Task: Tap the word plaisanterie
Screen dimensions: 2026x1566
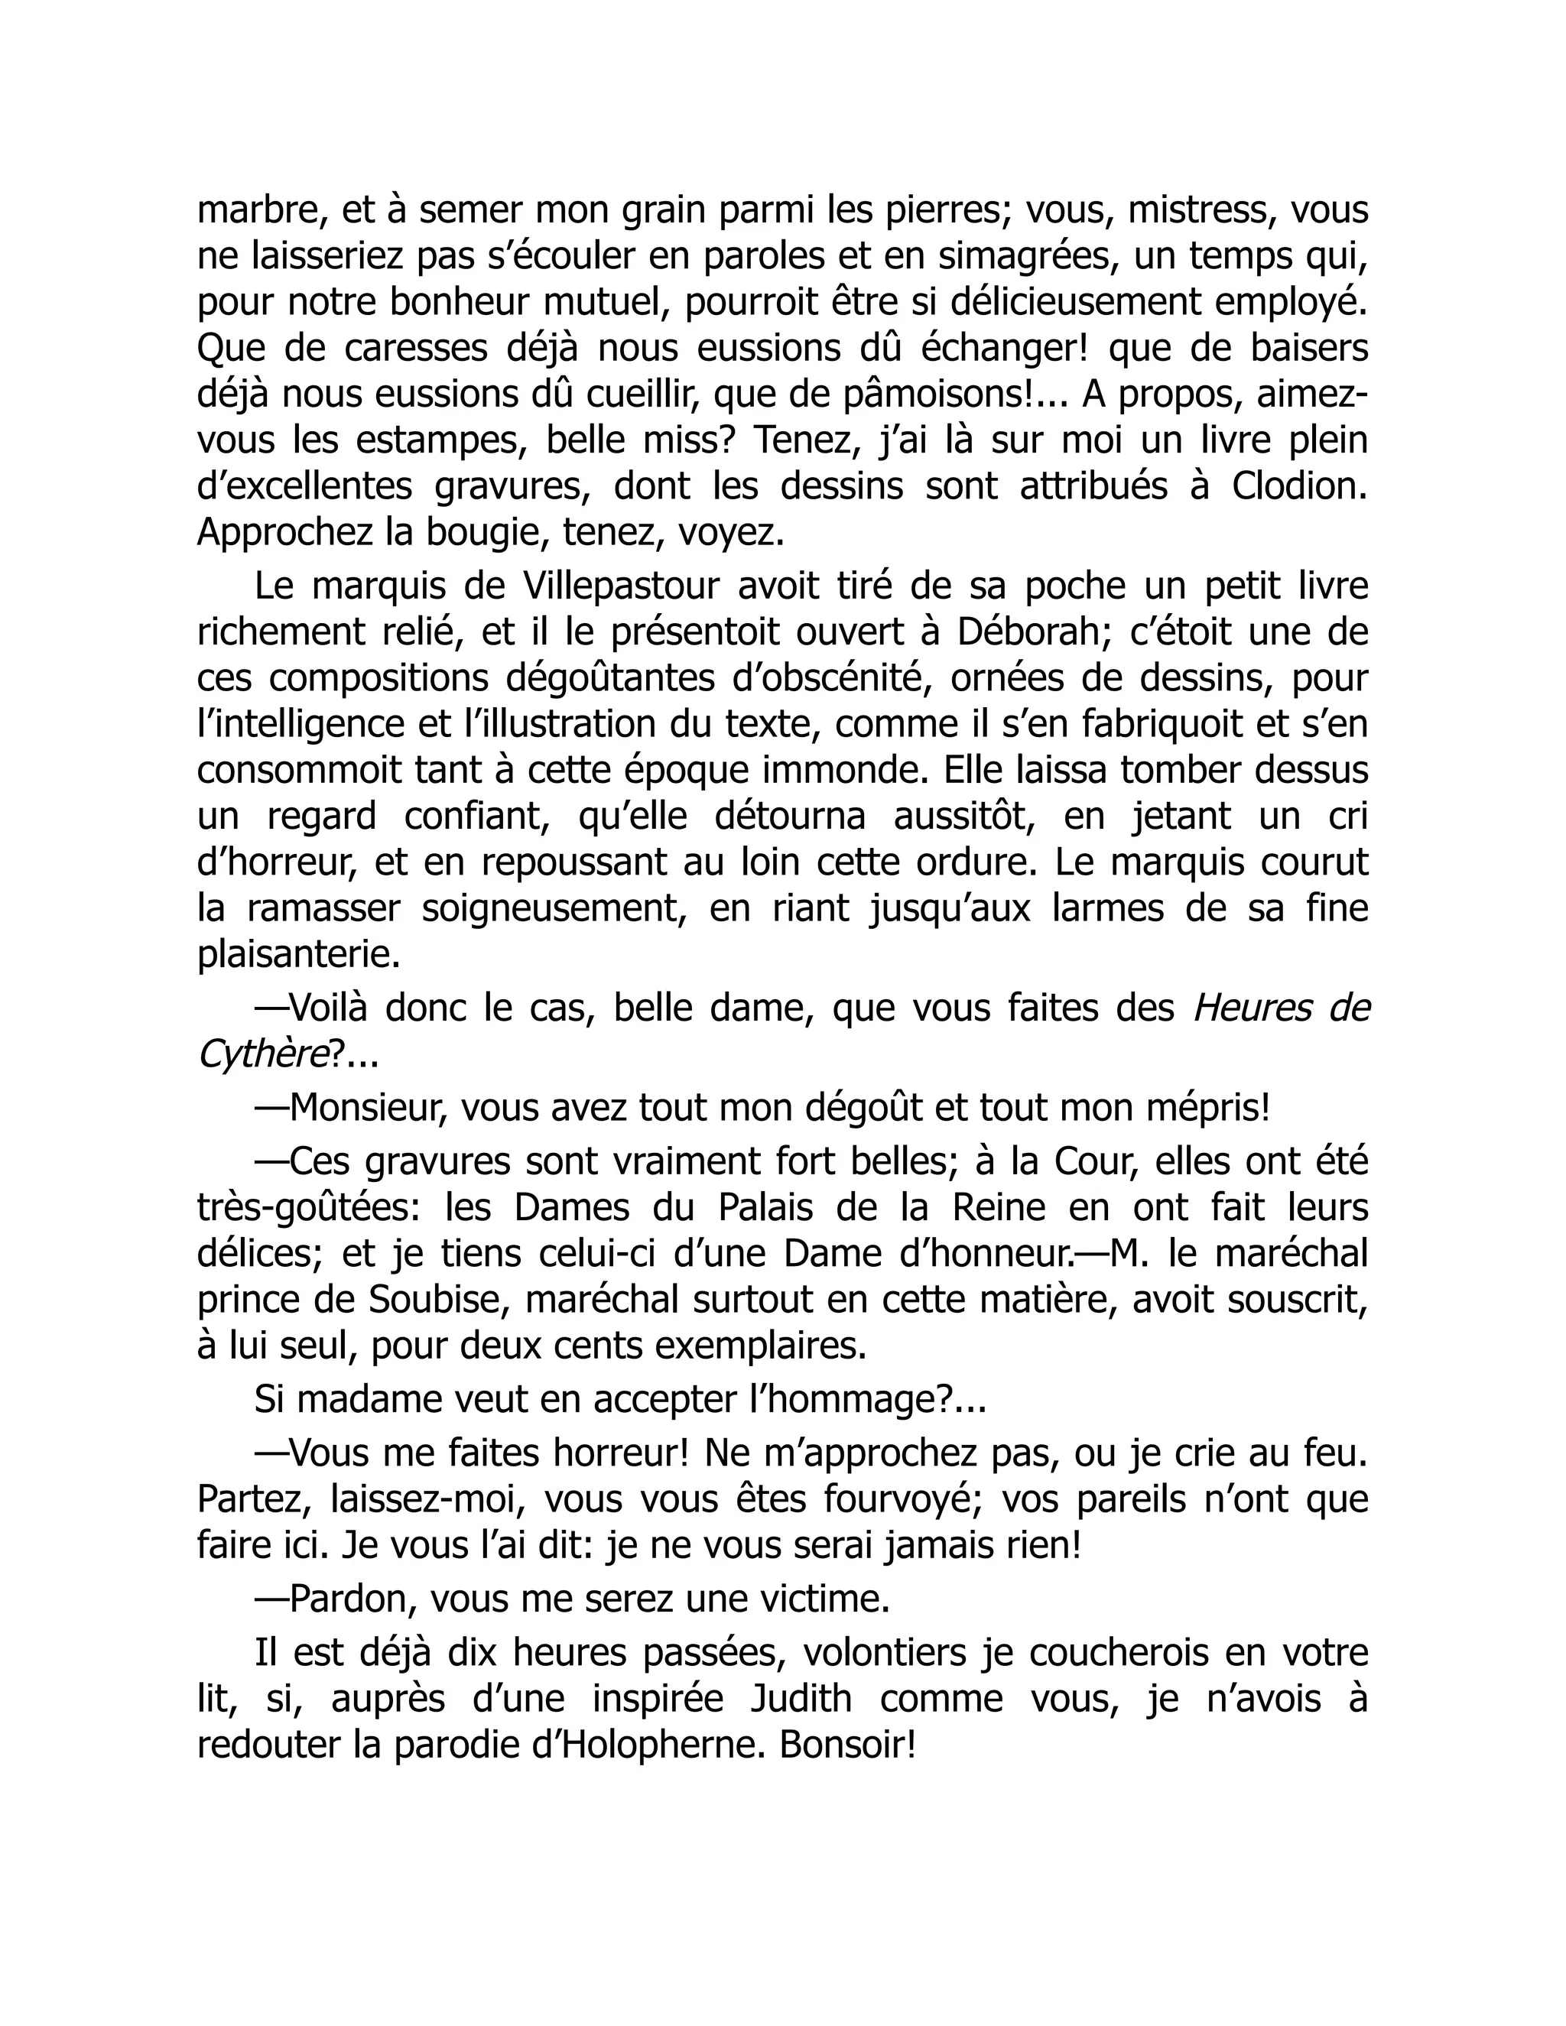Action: click(299, 956)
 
